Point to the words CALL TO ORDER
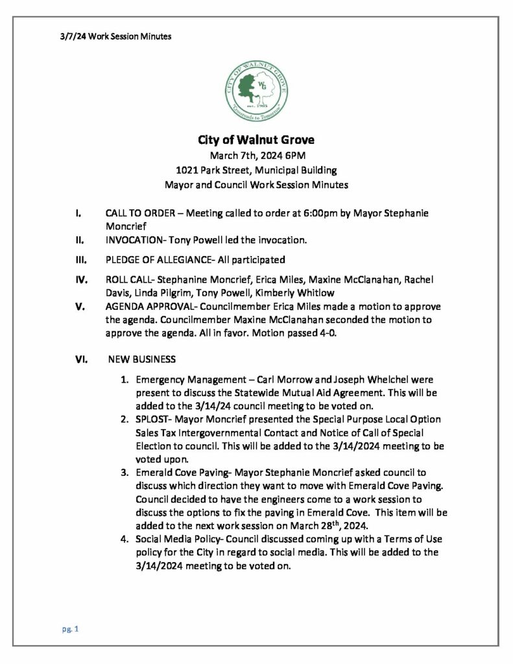(137, 213)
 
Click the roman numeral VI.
(78, 358)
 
